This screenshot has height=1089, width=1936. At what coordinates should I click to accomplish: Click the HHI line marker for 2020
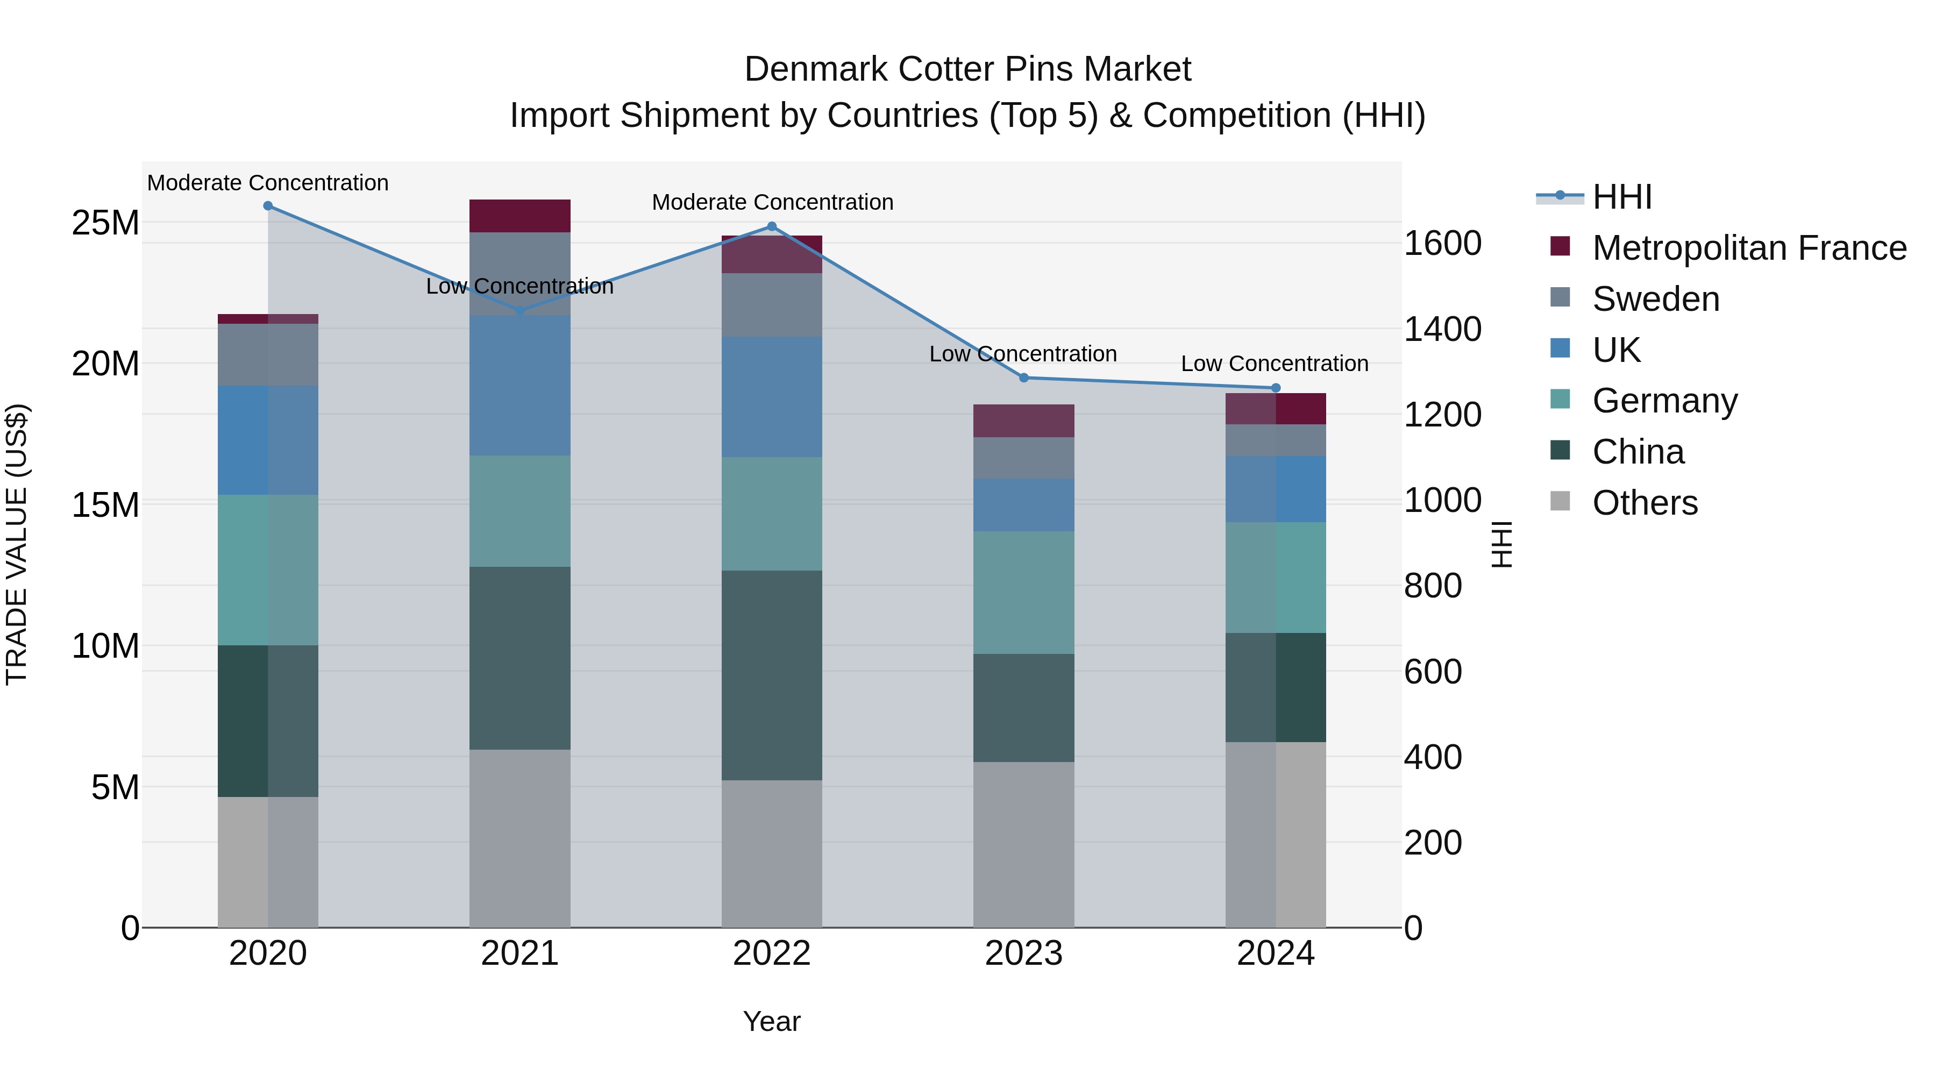(268, 206)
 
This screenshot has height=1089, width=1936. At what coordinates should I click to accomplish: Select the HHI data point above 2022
(771, 226)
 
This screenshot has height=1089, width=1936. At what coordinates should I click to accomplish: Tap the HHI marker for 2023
(1023, 378)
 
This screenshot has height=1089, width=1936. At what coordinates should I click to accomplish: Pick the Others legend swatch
(1560, 501)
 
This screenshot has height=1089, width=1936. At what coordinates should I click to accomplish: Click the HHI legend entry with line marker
(1560, 196)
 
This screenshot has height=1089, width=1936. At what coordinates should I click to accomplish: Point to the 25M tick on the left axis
(105, 223)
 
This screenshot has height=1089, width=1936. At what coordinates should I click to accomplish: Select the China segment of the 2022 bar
(771, 675)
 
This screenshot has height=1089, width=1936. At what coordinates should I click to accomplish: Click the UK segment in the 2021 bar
(519, 385)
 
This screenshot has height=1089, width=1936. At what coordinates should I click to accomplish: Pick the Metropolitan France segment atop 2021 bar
(519, 216)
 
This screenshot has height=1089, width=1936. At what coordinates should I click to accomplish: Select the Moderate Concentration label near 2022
(772, 202)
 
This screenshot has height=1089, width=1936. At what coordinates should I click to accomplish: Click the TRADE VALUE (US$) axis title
(17, 544)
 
